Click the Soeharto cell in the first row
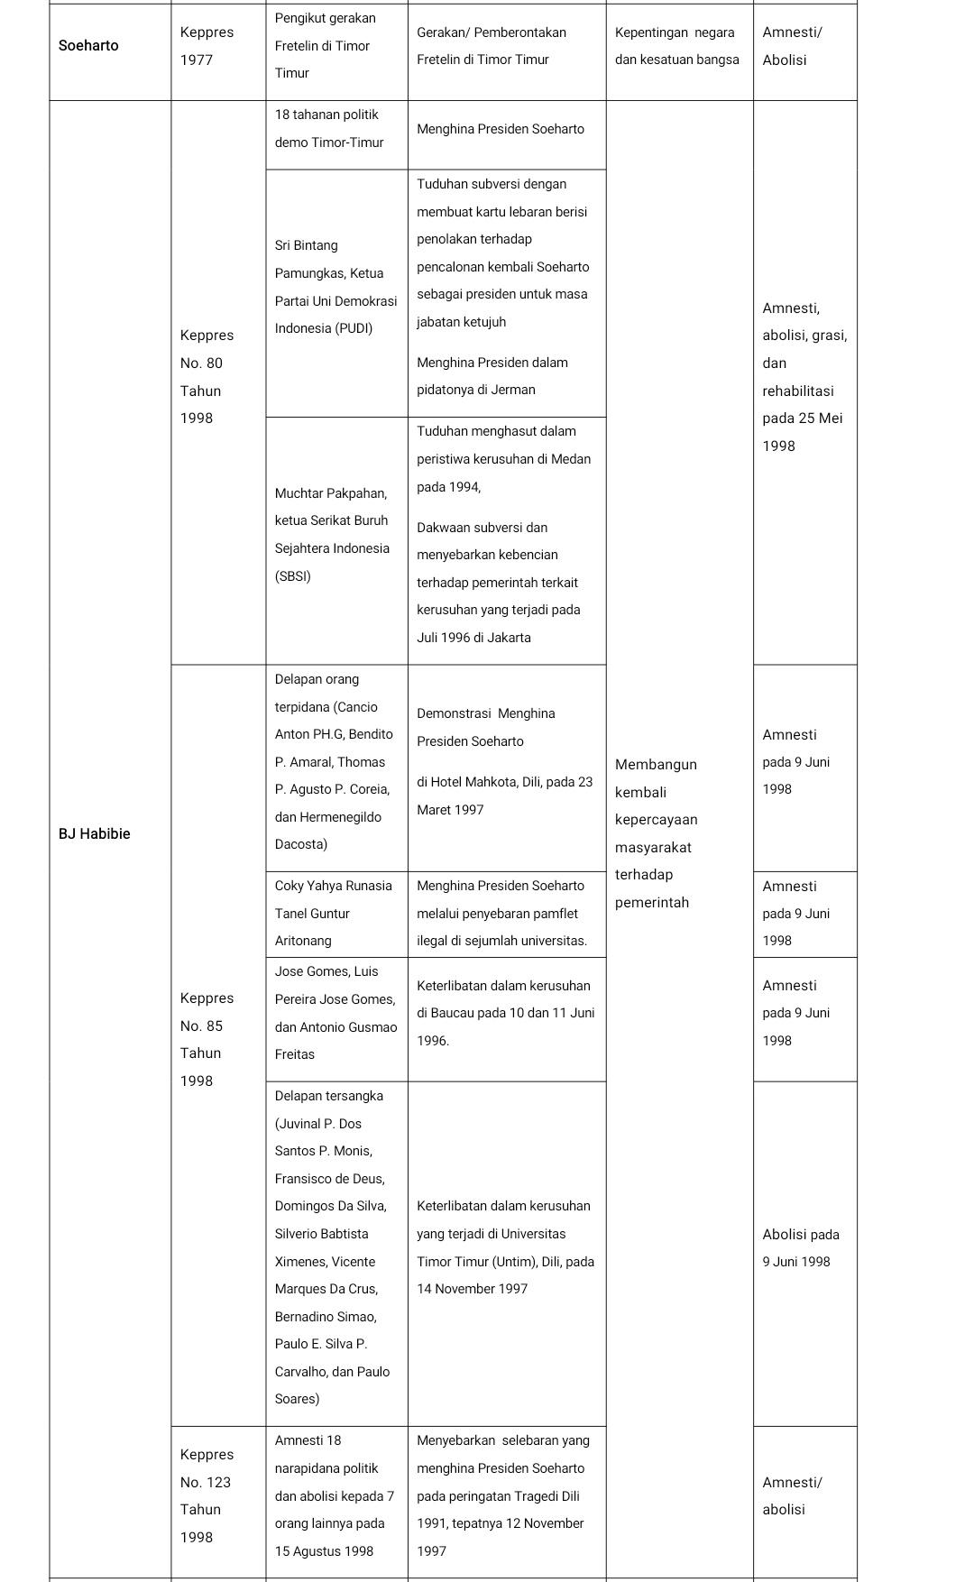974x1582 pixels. click(88, 46)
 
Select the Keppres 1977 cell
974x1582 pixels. click(207, 46)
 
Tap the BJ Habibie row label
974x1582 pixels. click(94, 833)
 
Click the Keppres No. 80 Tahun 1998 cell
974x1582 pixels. click(207, 376)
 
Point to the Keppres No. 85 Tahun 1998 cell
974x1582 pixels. click(207, 1039)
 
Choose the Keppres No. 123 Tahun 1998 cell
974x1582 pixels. click(207, 1495)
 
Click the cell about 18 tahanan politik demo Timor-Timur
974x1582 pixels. click(329, 129)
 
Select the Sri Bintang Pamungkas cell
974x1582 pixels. click(335, 287)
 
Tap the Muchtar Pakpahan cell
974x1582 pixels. click(332, 535)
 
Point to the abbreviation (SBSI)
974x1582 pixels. click(293, 576)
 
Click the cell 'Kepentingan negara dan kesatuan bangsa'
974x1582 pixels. click(677, 46)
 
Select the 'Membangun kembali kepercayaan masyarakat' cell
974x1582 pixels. click(656, 833)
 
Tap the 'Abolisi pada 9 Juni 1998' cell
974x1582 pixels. click(801, 1247)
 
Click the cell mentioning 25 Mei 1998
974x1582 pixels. click(803, 377)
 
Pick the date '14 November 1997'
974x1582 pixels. click(472, 1289)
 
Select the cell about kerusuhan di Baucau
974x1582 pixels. click(505, 1013)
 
